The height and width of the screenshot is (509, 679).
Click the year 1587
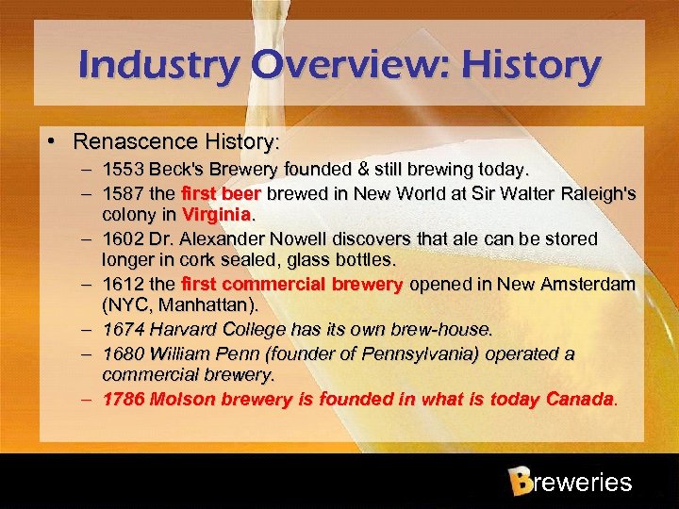coord(122,193)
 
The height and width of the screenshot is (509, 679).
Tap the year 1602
coord(122,238)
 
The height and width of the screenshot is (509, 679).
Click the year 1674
coord(122,330)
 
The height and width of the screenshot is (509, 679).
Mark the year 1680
coord(122,353)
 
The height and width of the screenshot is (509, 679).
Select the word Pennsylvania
coord(428,353)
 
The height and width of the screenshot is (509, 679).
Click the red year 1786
coord(122,399)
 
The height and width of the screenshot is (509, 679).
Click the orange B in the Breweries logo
coord(519,482)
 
